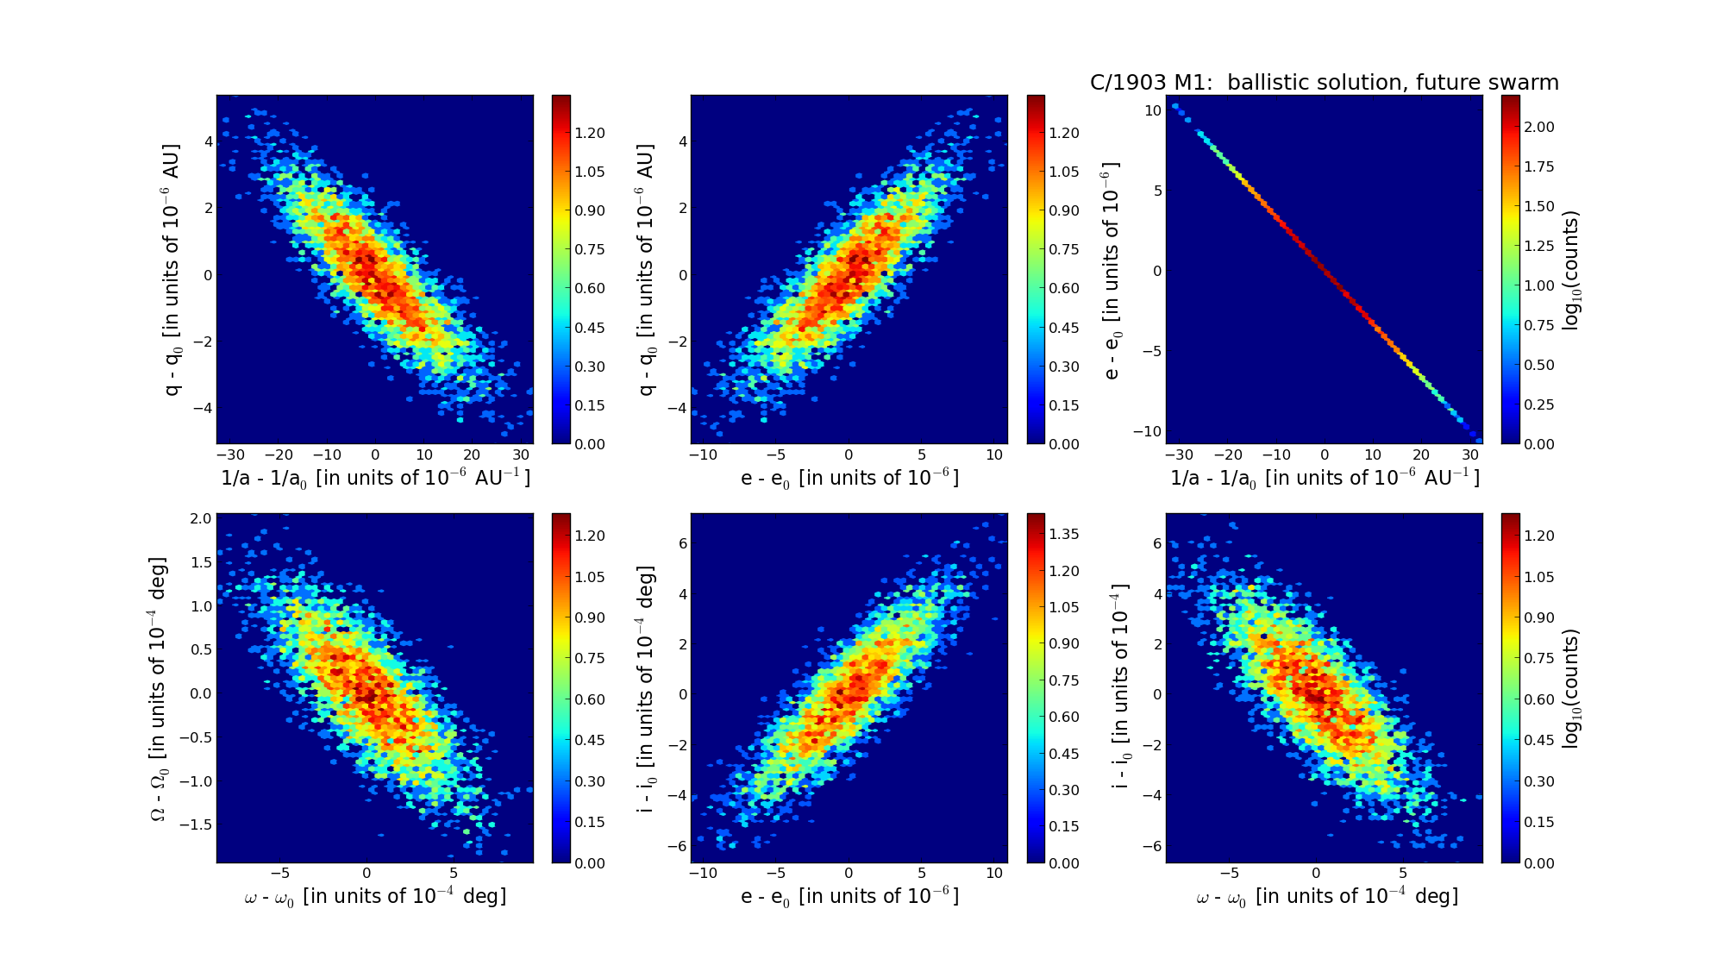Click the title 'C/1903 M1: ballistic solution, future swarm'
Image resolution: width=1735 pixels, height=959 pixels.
1324,83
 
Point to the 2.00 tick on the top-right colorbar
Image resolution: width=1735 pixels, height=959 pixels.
1539,127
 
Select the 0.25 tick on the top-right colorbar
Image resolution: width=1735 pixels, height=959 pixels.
1539,404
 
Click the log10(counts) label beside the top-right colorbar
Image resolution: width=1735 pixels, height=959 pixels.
1571,270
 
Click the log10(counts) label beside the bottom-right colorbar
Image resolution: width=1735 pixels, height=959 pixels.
1571,688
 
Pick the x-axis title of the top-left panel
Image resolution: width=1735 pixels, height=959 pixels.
375,478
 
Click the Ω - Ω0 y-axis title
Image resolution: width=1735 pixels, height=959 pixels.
159,688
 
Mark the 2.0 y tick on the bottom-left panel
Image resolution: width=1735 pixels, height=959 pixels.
201,518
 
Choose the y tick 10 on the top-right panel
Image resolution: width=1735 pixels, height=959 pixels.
1153,110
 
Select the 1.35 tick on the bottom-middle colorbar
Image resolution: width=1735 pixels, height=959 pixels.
1064,534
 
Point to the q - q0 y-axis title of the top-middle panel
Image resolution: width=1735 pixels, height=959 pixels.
647,270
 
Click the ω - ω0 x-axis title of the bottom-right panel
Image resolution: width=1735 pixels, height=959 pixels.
1327,897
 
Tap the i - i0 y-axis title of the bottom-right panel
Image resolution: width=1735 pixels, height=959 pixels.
1120,688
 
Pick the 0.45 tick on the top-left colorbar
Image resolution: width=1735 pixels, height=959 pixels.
590,328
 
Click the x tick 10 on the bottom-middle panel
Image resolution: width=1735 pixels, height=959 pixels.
994,873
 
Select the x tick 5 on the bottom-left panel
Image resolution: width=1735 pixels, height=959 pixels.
454,873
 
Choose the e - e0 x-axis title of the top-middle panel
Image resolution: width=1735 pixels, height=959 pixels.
849,478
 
